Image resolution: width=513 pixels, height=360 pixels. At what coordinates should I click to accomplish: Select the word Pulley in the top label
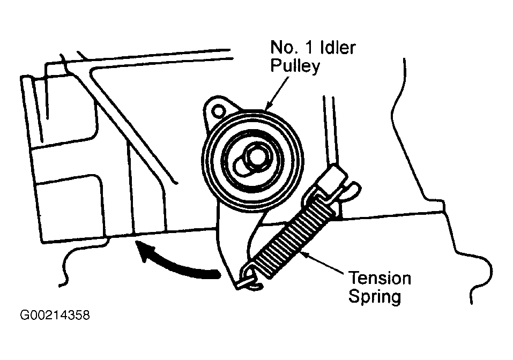pos(295,67)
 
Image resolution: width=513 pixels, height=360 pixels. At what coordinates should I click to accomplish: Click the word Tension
pos(380,279)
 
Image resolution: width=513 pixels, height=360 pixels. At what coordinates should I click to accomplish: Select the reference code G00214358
pos(55,315)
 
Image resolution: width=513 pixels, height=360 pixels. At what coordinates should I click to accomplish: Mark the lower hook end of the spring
pos(248,280)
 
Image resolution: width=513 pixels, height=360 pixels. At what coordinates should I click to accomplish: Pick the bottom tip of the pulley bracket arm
pos(236,284)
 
